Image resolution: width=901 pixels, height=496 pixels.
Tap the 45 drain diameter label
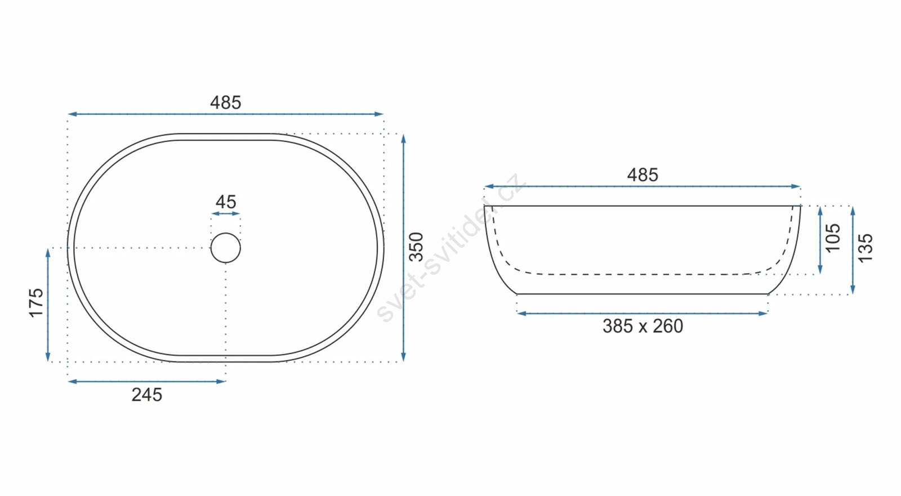226,202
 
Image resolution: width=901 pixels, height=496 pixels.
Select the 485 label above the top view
226,102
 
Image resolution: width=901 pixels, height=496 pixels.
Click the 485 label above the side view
643,175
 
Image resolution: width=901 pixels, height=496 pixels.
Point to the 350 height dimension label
416,247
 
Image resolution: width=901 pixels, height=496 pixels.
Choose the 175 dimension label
36,303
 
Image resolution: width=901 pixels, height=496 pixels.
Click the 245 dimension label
147,395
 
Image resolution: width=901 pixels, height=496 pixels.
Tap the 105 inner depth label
833,238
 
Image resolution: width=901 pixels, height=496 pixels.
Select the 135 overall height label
866,248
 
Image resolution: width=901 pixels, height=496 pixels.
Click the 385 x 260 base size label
643,326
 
